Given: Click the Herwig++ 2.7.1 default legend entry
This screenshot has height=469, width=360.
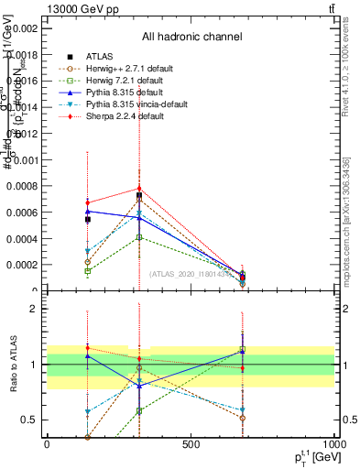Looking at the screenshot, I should coord(118,69).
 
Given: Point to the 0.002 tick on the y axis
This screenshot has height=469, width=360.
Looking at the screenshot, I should coord(25,28).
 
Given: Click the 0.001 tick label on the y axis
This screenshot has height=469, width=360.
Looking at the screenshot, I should coord(25,160).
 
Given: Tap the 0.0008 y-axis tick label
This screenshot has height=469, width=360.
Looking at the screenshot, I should coord(22,187).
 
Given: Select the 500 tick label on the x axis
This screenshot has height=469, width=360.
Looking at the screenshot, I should coord(191,444).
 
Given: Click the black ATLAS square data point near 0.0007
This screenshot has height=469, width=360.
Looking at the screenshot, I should coord(139,196).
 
